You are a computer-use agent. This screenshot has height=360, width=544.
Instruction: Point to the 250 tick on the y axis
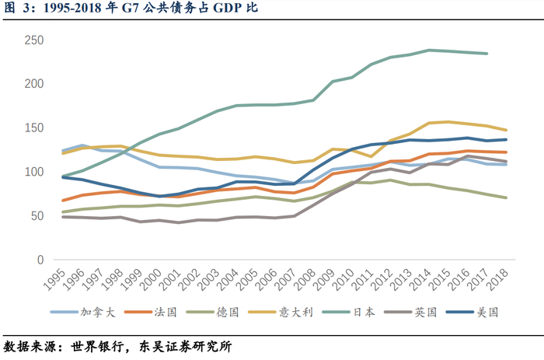click(x=34, y=40)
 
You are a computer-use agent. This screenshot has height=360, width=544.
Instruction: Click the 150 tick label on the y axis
click(x=34, y=128)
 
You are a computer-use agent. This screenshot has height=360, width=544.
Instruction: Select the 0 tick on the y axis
click(x=40, y=259)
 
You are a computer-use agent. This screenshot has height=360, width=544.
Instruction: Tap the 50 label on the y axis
click(x=37, y=215)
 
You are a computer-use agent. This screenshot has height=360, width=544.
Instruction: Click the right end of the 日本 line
click(x=486, y=54)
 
